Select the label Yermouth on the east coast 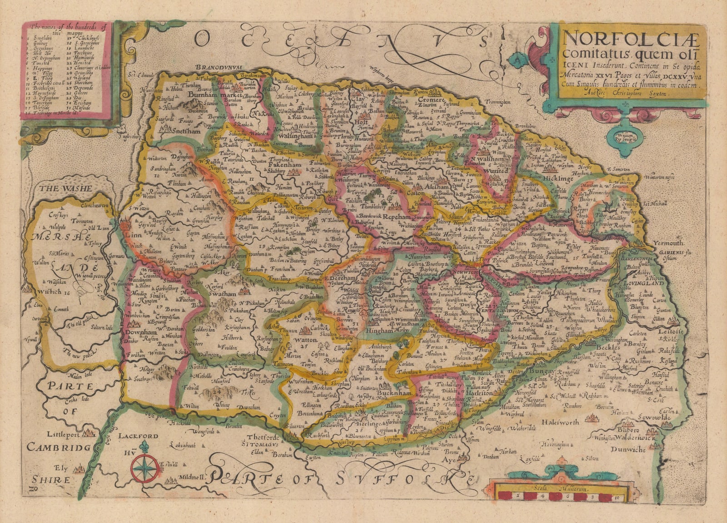(x=668, y=243)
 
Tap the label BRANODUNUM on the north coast (x=218, y=69)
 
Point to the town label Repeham (x=397, y=217)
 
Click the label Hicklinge (x=558, y=179)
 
